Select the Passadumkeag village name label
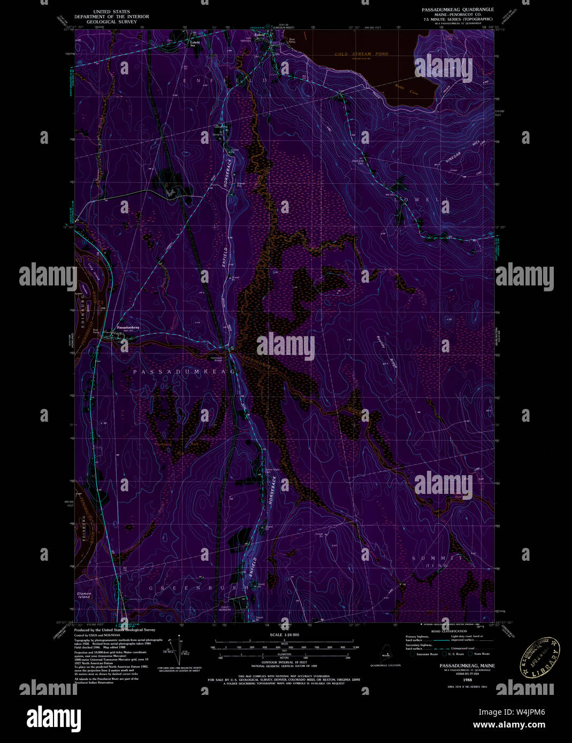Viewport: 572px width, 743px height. click(x=128, y=327)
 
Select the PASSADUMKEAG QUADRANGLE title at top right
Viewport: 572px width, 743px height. click(x=456, y=10)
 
